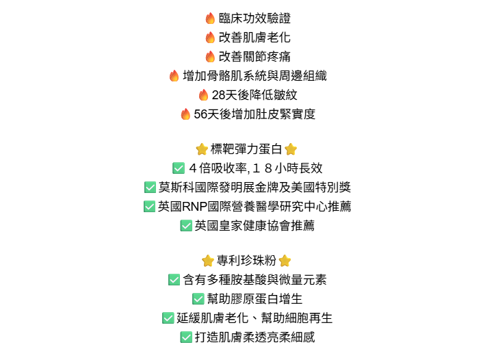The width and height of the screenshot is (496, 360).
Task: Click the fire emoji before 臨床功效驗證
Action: tap(210, 18)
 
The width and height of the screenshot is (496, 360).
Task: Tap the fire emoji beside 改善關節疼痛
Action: tap(210, 57)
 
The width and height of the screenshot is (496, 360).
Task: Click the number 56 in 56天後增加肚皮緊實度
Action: tap(200, 114)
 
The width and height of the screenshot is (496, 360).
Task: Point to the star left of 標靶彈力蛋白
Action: tap(202, 149)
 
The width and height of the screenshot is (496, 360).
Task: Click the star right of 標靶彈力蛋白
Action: tap(291, 149)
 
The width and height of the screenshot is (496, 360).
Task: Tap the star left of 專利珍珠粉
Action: tap(208, 261)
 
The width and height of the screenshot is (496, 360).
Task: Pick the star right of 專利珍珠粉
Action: tap(285, 261)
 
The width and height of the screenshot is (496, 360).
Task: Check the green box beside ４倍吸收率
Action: tap(179, 168)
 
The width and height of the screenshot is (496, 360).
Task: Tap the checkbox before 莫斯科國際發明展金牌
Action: tap(150, 188)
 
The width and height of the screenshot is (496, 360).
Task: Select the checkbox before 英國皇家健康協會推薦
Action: tap(186, 226)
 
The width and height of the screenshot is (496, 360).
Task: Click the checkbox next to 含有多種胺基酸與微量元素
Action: tap(174, 280)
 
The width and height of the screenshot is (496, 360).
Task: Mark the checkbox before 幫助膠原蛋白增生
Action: tap(198, 299)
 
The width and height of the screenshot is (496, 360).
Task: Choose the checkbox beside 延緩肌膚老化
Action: tap(168, 318)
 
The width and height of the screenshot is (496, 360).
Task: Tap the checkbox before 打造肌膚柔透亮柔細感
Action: tap(186, 337)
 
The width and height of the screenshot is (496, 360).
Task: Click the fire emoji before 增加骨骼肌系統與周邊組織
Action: tap(174, 76)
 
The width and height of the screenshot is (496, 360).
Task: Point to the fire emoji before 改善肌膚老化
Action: tap(210, 38)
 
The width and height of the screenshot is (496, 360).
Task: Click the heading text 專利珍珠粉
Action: tap(246, 261)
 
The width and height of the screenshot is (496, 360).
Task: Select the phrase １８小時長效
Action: tap(287, 168)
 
